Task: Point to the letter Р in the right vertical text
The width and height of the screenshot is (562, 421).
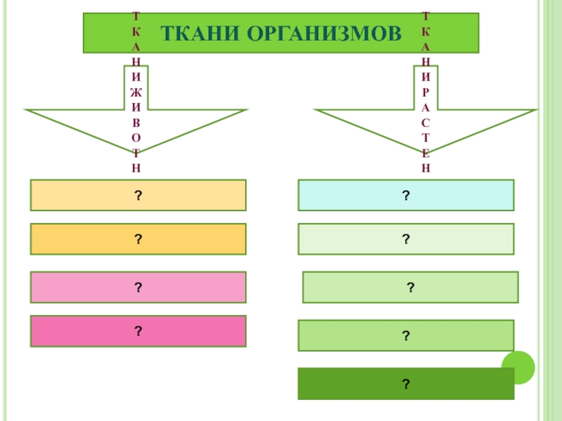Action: (426, 93)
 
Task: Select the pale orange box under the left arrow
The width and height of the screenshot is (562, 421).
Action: (138, 195)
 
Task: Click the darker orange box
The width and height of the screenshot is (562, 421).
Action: (138, 239)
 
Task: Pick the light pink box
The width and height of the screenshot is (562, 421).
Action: (138, 287)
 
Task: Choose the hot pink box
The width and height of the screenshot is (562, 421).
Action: (138, 331)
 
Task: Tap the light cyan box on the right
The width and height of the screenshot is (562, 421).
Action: (406, 195)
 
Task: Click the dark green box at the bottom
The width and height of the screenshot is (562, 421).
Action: (406, 383)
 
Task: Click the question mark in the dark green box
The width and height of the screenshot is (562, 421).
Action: (406, 383)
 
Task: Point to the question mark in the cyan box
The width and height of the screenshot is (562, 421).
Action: (406, 195)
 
